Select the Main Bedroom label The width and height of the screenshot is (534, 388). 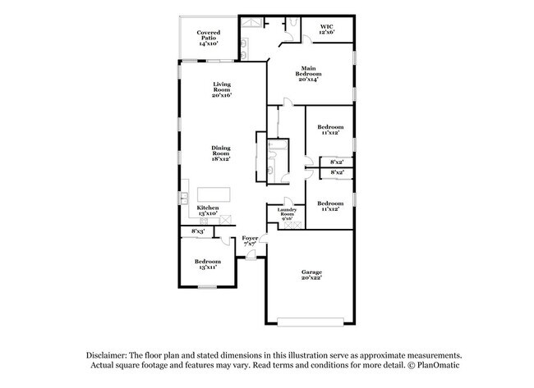[307, 73]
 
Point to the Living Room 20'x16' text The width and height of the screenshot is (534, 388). [221, 89]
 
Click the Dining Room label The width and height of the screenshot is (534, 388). [221, 153]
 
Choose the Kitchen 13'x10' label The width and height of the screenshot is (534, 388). [207, 210]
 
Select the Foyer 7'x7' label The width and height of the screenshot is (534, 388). [250, 240]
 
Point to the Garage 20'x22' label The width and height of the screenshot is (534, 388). [311, 275]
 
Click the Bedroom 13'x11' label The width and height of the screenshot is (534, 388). [207, 265]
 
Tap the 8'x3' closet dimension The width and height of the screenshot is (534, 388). [197, 231]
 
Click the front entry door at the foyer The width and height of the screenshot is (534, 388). [251, 257]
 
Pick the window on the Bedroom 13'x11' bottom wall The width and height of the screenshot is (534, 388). [207, 286]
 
